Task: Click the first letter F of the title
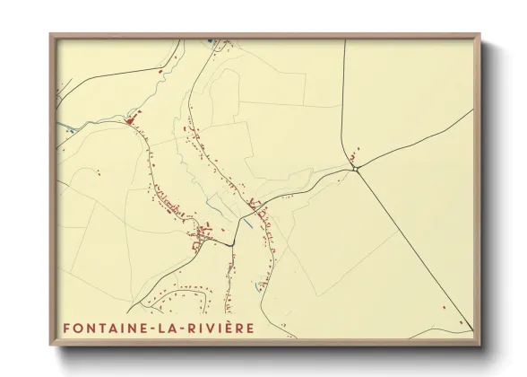click(x=67, y=329)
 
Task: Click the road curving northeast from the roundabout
click(x=412, y=141)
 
